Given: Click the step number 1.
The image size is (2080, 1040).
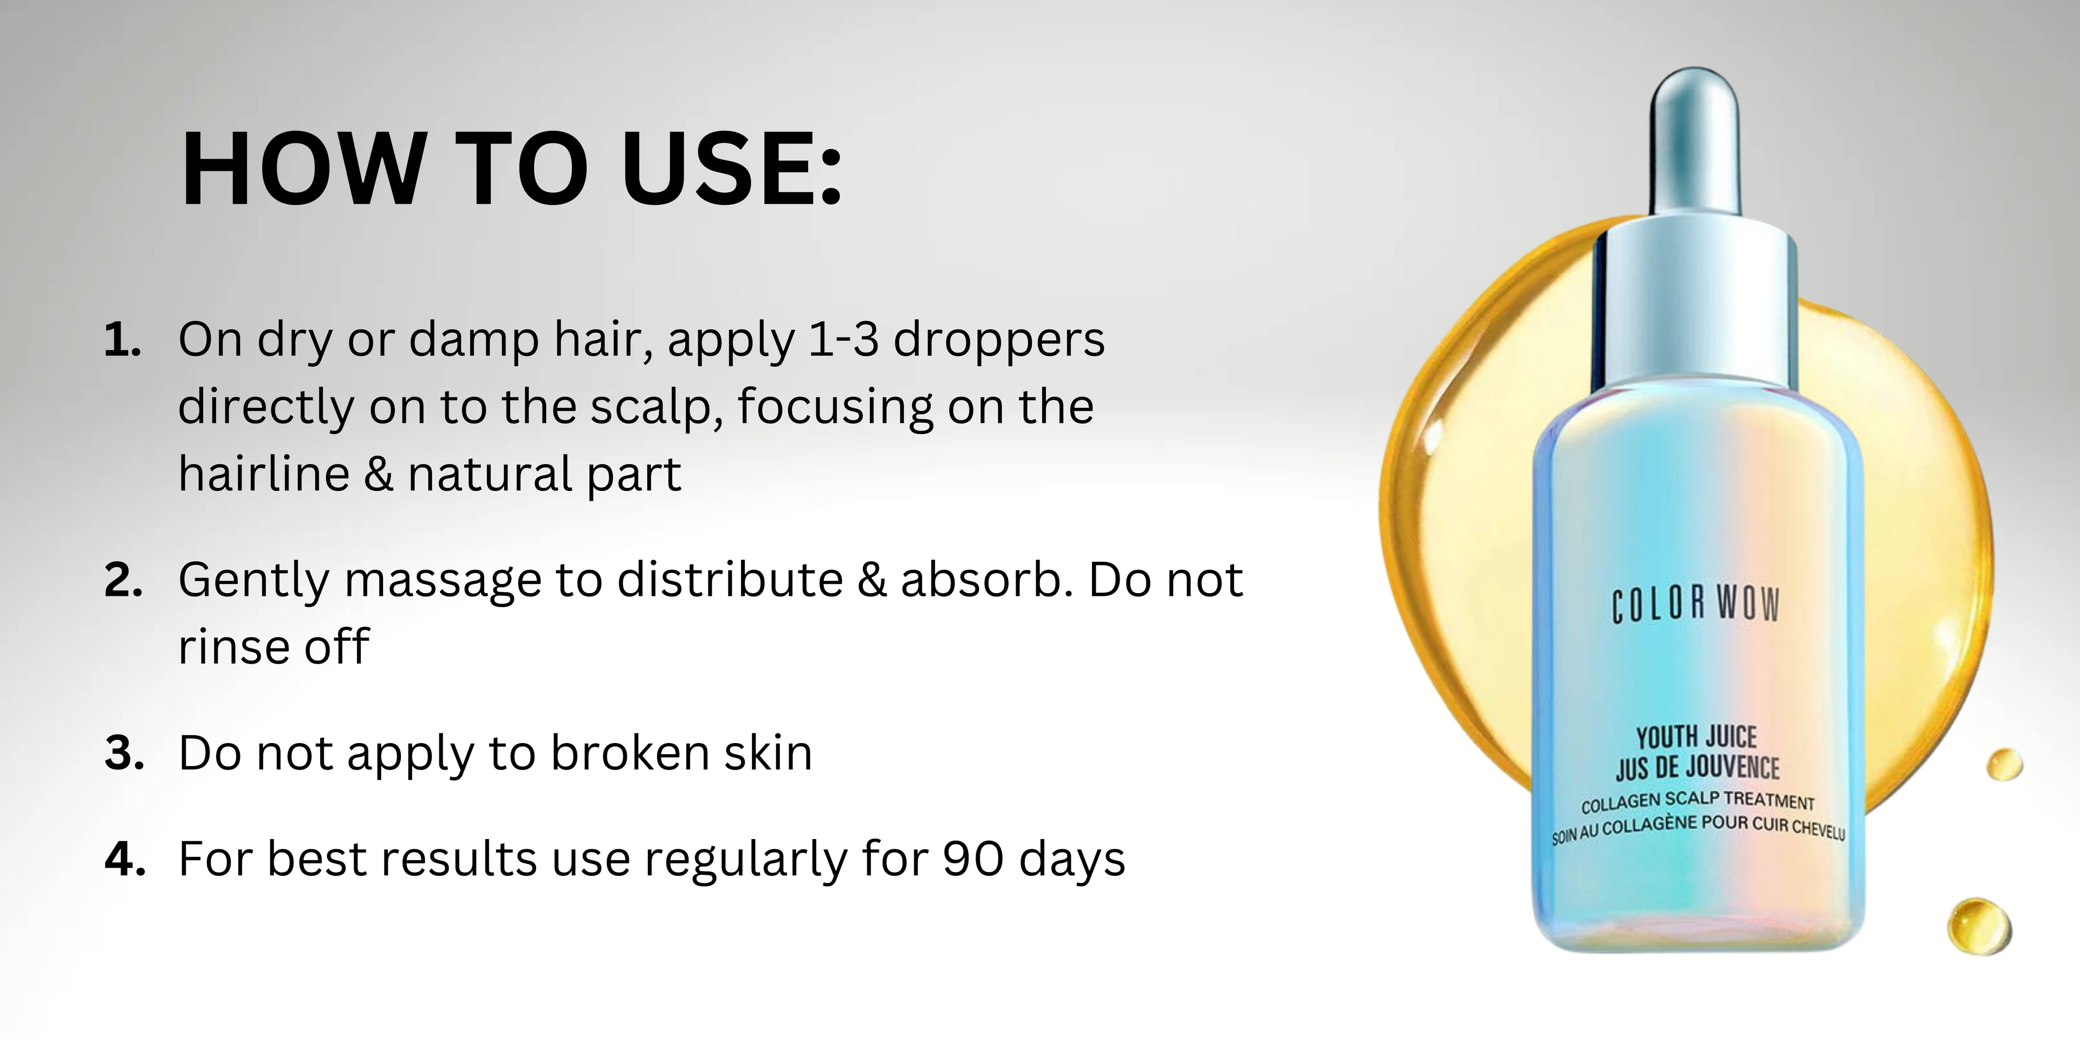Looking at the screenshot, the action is pos(123,340).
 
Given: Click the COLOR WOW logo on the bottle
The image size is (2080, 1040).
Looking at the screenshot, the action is pos(1695,606).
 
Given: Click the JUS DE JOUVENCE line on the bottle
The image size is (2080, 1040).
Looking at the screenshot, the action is pos(1697,767).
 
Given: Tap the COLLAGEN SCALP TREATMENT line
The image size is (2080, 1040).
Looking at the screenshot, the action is pos(1697,802).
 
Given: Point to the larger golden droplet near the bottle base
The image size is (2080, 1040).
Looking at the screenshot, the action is pos(1979,927).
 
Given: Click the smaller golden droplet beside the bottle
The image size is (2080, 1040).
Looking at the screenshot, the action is pos(2005,765).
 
